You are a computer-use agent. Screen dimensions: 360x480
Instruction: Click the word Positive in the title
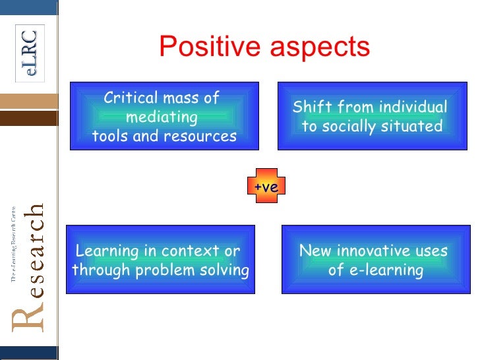click(x=211, y=47)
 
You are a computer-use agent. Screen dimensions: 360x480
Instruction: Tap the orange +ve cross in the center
click(x=266, y=187)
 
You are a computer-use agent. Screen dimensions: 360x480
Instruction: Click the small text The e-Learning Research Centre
click(x=12, y=244)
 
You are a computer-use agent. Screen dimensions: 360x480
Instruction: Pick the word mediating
click(x=162, y=117)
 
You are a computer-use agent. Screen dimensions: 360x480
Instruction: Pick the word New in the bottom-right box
click(x=315, y=251)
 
